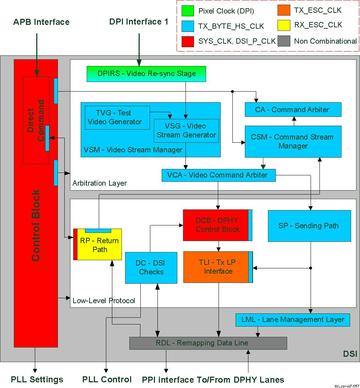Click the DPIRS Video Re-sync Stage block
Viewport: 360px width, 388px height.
click(146, 74)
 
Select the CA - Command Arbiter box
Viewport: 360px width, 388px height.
click(293, 110)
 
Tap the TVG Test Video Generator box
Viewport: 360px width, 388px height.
click(117, 118)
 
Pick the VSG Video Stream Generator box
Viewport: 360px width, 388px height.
click(186, 131)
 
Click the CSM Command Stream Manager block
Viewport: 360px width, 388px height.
click(293, 141)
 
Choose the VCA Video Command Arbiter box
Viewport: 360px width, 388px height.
click(219, 175)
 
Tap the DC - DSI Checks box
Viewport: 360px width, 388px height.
click(151, 268)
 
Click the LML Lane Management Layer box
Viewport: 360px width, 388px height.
click(292, 320)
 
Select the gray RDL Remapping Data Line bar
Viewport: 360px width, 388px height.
click(208, 343)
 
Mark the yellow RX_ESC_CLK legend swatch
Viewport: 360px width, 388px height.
click(283, 25)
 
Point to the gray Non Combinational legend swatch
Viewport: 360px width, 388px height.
click(283, 41)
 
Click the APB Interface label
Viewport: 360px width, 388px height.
click(41, 22)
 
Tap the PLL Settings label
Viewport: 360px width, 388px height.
click(37, 379)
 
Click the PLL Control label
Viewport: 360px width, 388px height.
click(107, 379)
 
